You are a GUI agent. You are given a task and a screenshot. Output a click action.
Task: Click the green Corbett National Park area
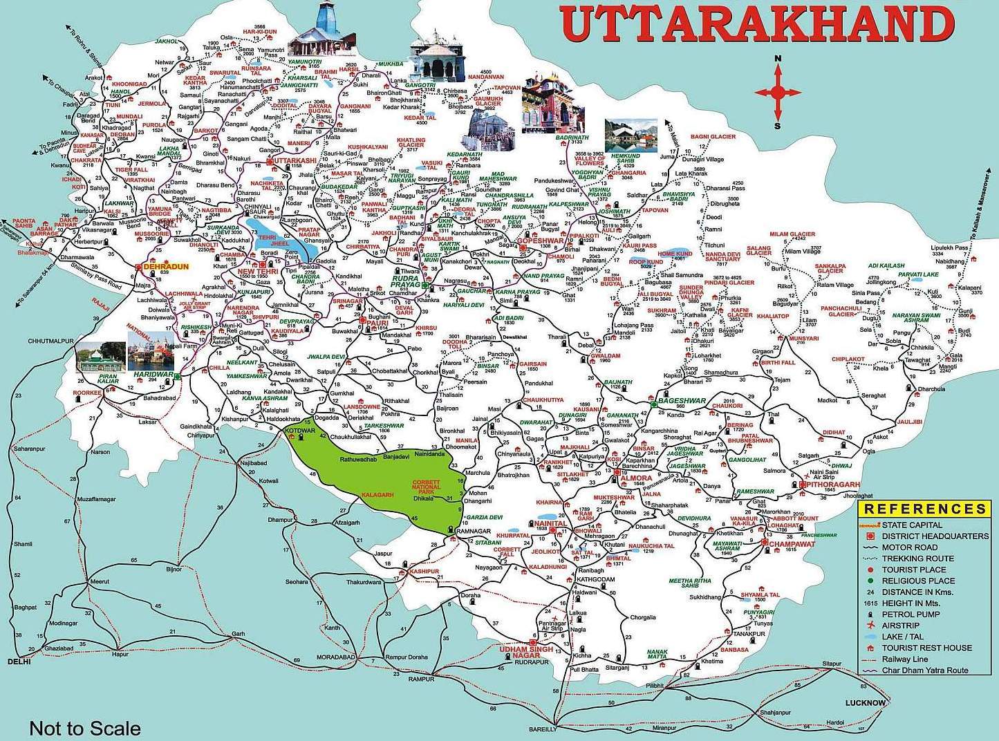387,477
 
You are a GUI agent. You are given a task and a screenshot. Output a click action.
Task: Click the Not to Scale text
85,728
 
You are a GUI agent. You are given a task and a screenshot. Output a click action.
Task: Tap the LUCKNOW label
865,704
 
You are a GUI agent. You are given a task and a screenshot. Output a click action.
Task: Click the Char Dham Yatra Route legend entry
925,670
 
